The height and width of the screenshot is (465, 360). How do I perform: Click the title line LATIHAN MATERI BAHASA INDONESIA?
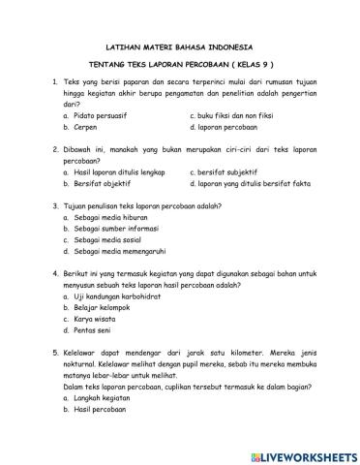click(178, 46)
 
